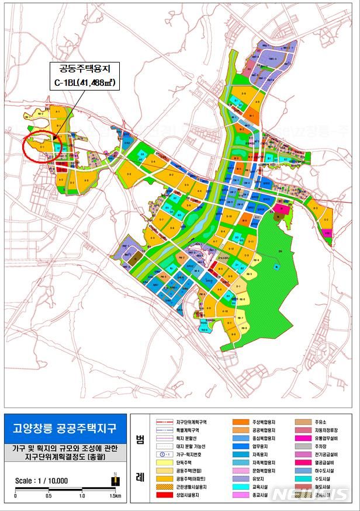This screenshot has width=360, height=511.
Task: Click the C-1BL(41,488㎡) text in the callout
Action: [x=82, y=84]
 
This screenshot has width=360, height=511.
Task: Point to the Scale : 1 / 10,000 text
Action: [x=41, y=481]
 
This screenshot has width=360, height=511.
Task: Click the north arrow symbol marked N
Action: [x=115, y=479]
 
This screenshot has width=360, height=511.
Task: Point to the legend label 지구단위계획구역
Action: [x=191, y=420]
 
